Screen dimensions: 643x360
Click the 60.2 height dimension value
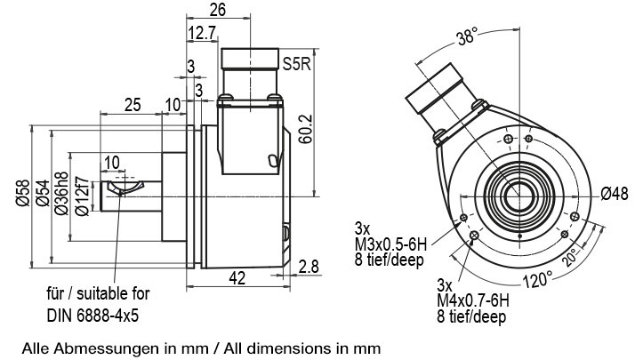[306, 129]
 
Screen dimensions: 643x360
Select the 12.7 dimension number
[203, 33]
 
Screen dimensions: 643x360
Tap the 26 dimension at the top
[218, 10]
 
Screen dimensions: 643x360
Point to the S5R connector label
[297, 64]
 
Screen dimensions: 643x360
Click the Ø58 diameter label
[23, 193]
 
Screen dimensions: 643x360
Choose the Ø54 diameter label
[43, 193]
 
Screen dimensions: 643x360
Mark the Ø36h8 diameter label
[61, 193]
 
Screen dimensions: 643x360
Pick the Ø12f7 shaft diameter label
[82, 196]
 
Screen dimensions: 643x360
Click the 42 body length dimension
[237, 278]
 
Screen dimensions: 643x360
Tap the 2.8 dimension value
[309, 267]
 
